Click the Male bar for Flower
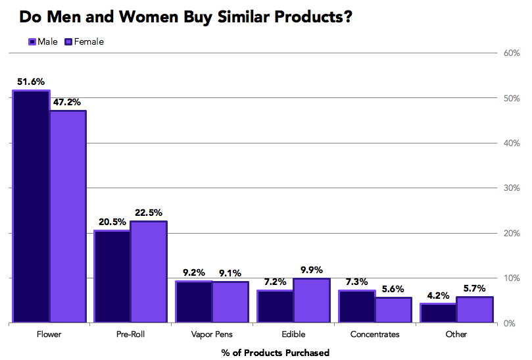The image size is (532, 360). point(31,207)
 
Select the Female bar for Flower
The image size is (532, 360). point(68,217)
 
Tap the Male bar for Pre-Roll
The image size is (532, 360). point(112,277)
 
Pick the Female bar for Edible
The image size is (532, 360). point(312,301)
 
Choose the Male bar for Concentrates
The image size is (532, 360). point(356,307)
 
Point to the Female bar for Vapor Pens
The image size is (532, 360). point(230,303)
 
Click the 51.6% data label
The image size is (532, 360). point(31,82)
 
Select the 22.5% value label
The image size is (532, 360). point(149,212)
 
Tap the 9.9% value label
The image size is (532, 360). point(312,269)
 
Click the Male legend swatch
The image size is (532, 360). point(32,42)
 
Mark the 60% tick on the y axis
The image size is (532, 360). point(512,53)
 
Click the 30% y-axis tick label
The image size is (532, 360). point(512,188)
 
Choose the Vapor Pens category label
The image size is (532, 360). point(212,334)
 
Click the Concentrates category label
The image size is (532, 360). point(375,334)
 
